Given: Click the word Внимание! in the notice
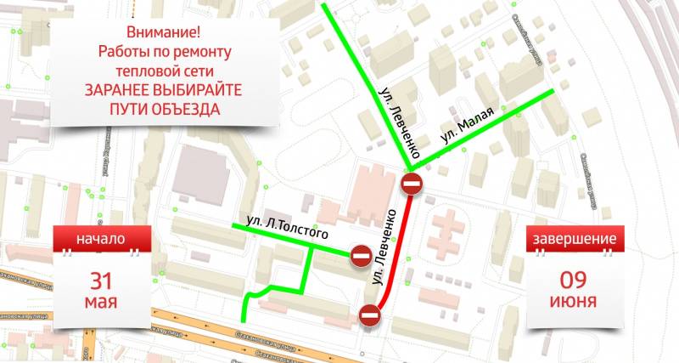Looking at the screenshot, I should tap(164, 33).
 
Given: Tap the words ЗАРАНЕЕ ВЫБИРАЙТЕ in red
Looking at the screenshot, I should tap(164, 90).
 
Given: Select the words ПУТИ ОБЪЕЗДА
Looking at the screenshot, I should tap(164, 110).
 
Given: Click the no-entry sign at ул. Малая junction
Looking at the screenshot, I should tap(412, 183).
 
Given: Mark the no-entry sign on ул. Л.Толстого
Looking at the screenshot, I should tap(360, 255).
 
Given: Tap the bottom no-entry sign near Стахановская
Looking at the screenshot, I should tap(370, 315).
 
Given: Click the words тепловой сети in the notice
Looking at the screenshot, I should tap(164, 71).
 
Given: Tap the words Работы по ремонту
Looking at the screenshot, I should tap(164, 53).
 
